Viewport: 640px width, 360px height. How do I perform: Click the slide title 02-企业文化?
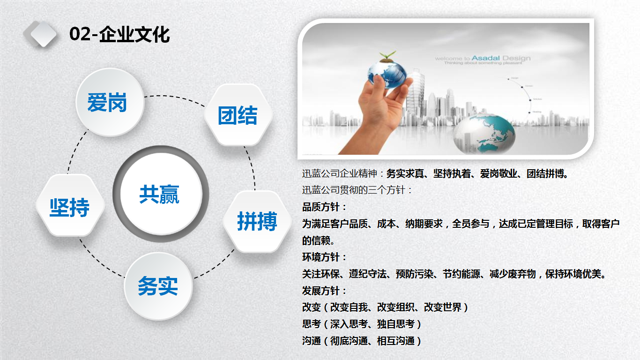[119, 35]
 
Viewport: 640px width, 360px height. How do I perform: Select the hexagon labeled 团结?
[238, 115]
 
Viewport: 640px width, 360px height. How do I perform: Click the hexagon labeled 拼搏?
[257, 221]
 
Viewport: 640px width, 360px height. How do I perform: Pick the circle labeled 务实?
[158, 286]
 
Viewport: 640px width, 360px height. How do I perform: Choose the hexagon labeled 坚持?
[70, 206]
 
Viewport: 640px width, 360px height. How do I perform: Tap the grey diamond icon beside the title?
[41, 34]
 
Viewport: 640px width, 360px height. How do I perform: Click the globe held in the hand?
[387, 73]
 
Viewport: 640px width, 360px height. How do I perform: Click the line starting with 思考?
[362, 324]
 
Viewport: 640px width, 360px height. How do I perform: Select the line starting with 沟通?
[362, 341]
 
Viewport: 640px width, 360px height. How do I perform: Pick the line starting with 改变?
[385, 307]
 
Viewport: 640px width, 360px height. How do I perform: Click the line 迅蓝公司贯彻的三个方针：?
[357, 190]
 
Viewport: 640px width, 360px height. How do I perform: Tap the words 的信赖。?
[319, 241]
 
